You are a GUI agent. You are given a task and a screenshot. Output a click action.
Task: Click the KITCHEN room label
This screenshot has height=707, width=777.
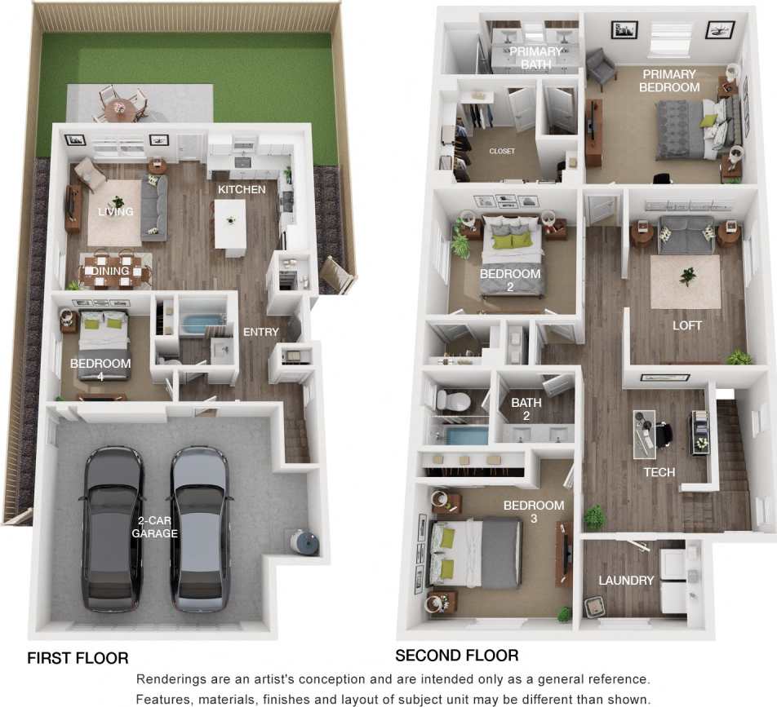pyautogui.click(x=241, y=189)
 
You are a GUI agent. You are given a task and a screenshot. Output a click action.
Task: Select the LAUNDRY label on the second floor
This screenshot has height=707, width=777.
pyautogui.click(x=626, y=581)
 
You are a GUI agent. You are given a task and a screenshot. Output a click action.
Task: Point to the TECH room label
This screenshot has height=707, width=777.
pyautogui.click(x=659, y=472)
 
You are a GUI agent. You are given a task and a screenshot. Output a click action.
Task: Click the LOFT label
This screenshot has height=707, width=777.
pyautogui.click(x=686, y=325)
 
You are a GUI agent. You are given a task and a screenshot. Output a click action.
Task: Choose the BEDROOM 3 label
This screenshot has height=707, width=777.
pyautogui.click(x=533, y=512)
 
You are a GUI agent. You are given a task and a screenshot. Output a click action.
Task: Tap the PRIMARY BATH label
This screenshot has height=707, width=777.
pyautogui.click(x=535, y=58)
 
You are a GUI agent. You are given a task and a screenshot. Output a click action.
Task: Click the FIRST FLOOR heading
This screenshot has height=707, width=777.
pyautogui.click(x=78, y=658)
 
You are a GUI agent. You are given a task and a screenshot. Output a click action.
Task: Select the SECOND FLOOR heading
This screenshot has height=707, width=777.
pyautogui.click(x=456, y=656)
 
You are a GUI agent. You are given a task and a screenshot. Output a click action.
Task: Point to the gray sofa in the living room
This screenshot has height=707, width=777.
pyautogui.click(x=154, y=208)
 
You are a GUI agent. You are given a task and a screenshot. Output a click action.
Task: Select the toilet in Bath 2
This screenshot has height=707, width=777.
pyautogui.click(x=450, y=400)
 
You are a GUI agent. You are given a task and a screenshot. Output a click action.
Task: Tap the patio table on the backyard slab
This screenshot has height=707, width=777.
pyautogui.click(x=120, y=107)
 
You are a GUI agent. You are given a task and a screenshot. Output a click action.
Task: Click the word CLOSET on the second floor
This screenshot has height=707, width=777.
pyautogui.click(x=501, y=151)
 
